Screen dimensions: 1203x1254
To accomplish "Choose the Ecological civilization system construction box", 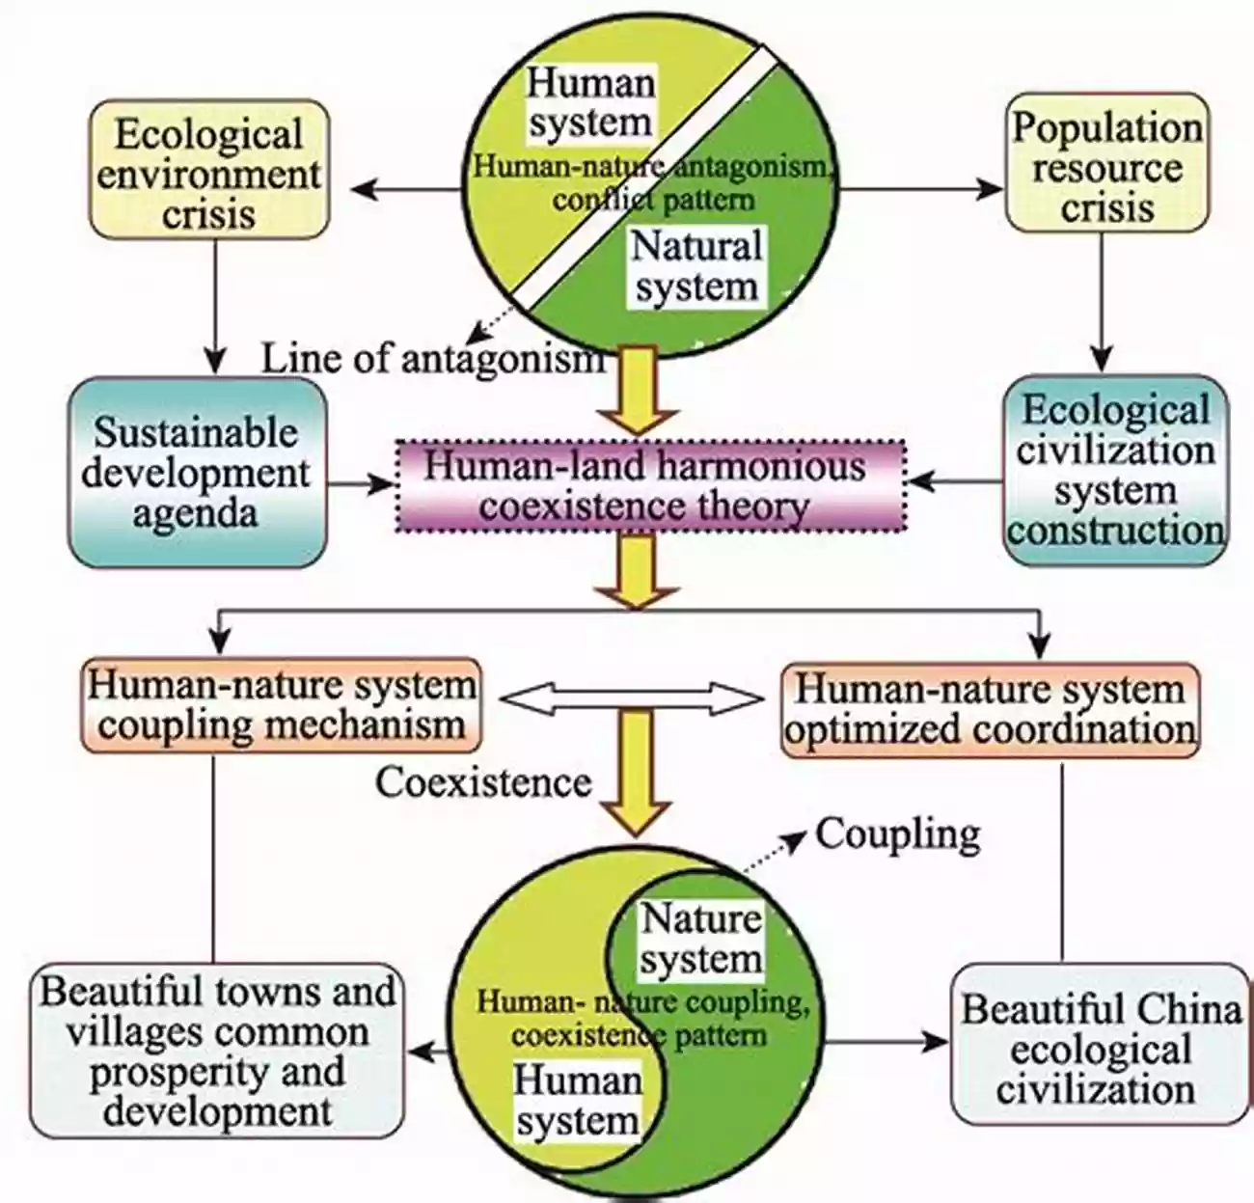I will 1115,470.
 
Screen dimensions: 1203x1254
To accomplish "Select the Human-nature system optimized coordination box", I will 990,709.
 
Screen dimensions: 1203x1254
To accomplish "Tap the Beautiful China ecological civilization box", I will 1100,1048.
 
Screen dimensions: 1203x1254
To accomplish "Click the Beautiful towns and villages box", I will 217,1051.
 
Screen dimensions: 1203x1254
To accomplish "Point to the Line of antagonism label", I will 433,359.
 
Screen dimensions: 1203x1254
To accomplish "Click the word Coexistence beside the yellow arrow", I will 482,780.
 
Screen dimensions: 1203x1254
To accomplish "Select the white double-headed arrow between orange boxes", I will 630,696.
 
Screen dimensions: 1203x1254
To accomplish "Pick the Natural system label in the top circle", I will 696,266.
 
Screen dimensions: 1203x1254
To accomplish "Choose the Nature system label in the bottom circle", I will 700,938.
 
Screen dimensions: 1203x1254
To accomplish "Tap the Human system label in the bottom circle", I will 578,1099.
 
